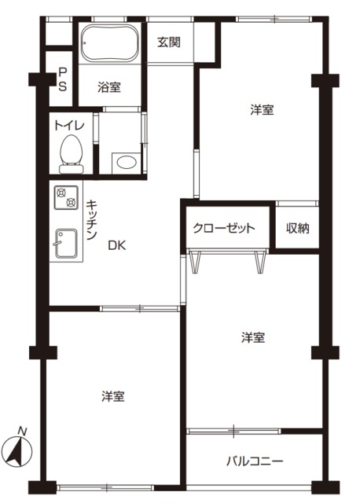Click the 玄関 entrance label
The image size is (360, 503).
coord(168,42)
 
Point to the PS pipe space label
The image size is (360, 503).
coord(62,79)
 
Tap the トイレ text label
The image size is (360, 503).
coord(69,124)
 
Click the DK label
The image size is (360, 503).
coord(116,244)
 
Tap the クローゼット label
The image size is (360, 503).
coord(225,229)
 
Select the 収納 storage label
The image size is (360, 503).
coord(297,229)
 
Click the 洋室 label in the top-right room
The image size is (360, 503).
coord(262,110)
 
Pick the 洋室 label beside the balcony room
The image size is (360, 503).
coord(252,338)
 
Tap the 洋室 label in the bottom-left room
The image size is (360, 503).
coord(112,396)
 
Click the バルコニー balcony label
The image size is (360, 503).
coord(255,461)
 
